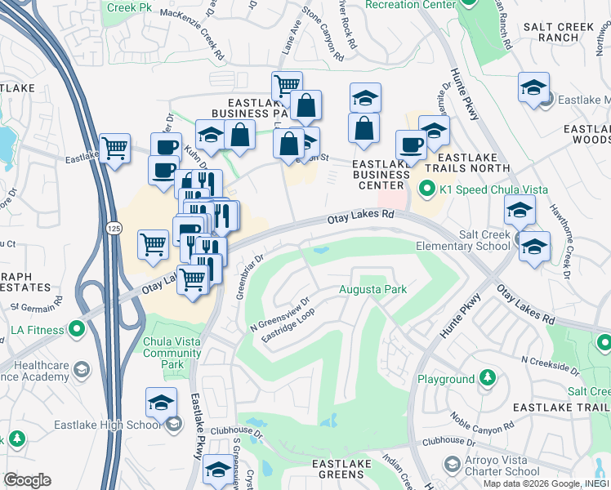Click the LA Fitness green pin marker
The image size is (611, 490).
(77, 330)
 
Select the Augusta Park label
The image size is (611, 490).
(372, 290)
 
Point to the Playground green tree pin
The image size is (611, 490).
(487, 378)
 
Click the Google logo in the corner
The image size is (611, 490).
(27, 480)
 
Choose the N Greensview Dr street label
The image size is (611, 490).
(280, 314)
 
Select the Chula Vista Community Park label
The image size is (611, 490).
(172, 353)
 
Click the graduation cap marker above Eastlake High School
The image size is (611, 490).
(161, 402)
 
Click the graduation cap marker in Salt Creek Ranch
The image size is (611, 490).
(533, 87)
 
